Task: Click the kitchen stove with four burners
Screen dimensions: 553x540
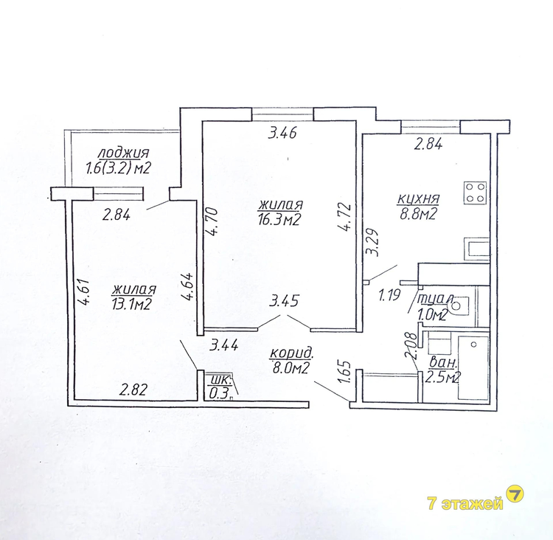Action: tap(476, 193)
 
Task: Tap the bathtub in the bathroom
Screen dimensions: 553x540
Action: tap(473, 367)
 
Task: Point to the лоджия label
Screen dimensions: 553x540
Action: tap(122, 153)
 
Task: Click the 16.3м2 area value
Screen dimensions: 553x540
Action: tap(279, 221)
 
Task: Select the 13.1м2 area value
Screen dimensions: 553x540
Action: tap(131, 303)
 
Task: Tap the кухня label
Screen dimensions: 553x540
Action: tap(418, 198)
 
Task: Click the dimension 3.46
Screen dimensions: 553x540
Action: tap(282, 134)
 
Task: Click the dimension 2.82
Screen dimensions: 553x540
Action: tap(133, 390)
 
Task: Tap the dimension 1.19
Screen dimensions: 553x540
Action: tap(390, 294)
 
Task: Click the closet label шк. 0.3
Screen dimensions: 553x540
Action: tap(220, 387)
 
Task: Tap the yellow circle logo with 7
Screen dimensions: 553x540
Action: tap(515, 495)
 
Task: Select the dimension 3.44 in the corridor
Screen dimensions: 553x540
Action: tap(223, 345)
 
